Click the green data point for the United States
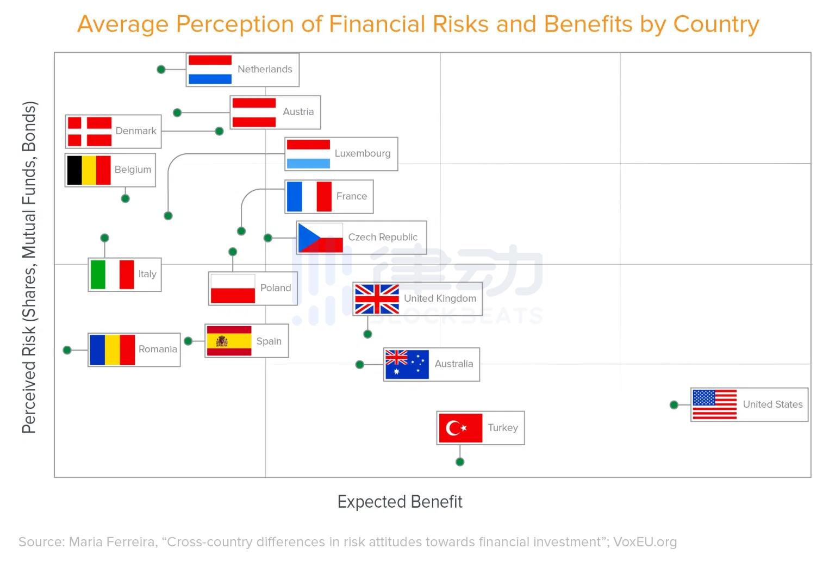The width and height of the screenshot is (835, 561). (x=674, y=404)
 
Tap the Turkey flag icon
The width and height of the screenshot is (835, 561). (x=460, y=428)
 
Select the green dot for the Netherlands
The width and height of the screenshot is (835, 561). (x=161, y=70)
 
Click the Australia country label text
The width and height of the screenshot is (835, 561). (x=453, y=364)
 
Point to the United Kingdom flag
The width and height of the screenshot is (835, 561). (x=377, y=299)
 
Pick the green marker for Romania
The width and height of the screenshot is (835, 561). (x=67, y=350)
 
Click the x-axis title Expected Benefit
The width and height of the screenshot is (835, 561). (x=400, y=501)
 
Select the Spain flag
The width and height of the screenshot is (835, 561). (x=229, y=341)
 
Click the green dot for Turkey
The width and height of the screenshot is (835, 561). (x=460, y=462)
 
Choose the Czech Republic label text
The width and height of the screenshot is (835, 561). (x=383, y=237)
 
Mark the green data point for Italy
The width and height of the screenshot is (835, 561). (x=105, y=238)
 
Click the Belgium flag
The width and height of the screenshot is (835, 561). (x=89, y=170)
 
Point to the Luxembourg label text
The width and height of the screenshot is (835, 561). (x=362, y=153)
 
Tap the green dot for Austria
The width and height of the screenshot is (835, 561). (x=177, y=113)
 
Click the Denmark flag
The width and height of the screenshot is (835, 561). (x=90, y=132)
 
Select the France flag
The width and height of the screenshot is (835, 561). (x=309, y=196)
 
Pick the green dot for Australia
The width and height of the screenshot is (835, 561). (x=360, y=365)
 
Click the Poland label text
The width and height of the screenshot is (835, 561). (x=275, y=288)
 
